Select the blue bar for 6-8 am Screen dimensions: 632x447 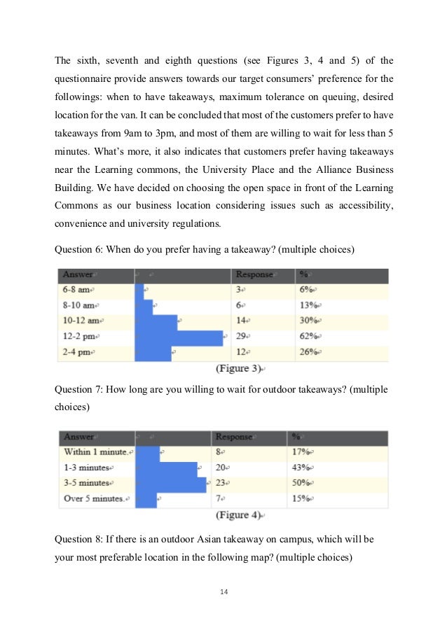(x=139, y=289)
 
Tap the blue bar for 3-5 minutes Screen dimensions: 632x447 (x=170, y=483)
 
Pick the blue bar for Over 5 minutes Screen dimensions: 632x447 (x=146, y=499)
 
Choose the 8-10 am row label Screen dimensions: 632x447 (x=78, y=305)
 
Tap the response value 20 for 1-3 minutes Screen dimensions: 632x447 (x=221, y=467)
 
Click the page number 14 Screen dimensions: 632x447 (x=224, y=592)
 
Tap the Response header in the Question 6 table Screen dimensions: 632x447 (x=254, y=274)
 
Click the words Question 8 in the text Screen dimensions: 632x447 (x=78, y=540)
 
